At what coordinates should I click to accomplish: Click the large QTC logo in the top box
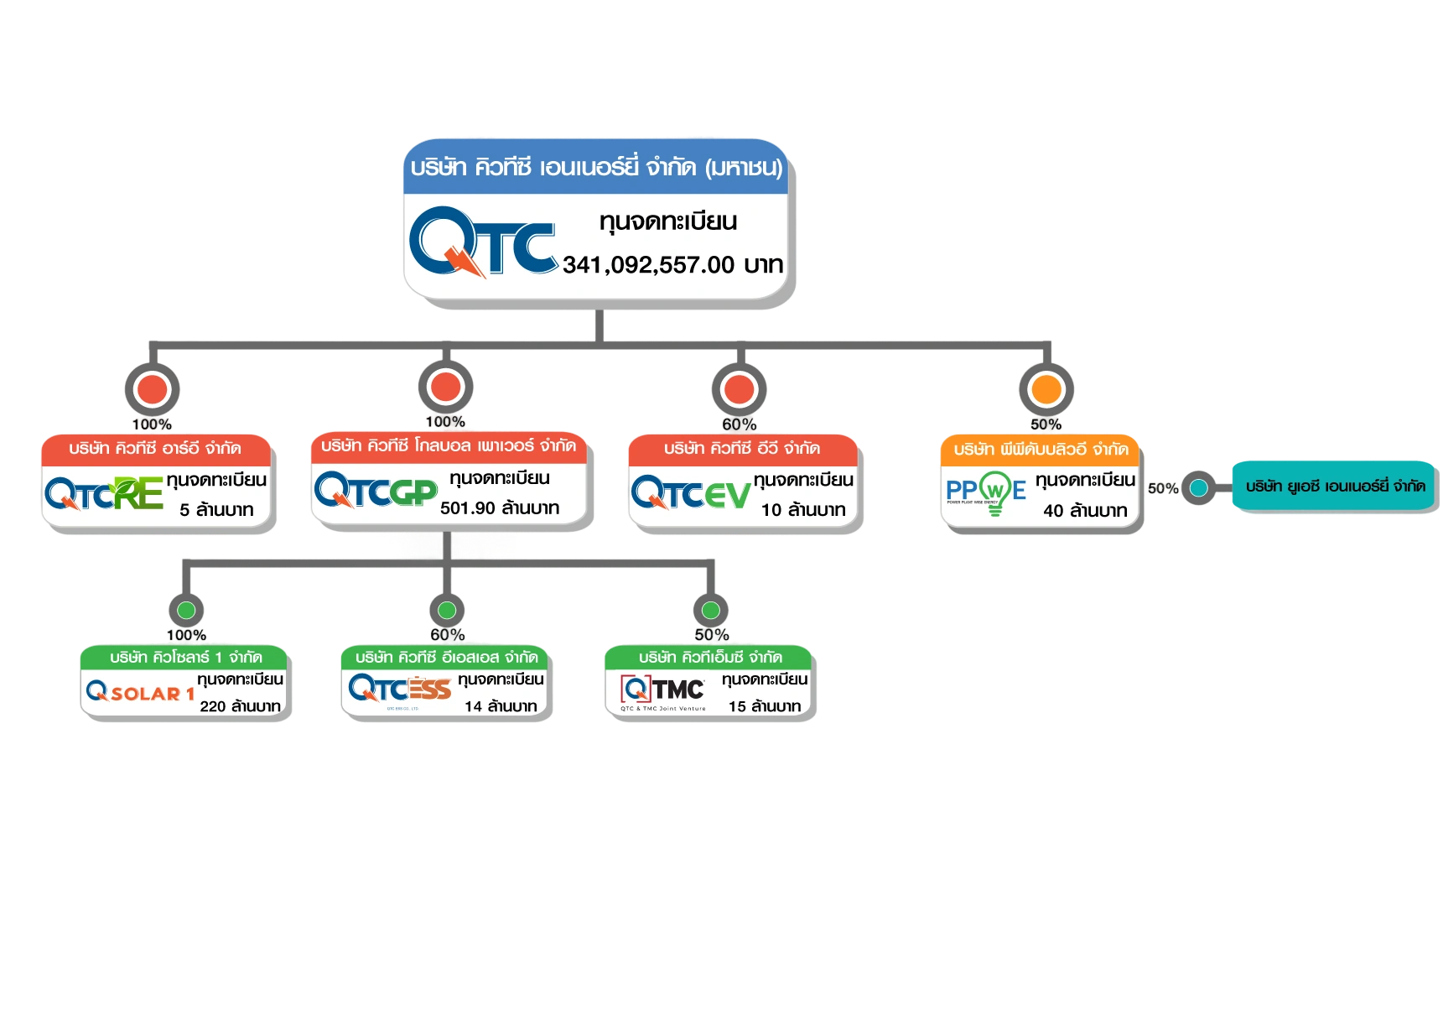pyautogui.click(x=482, y=242)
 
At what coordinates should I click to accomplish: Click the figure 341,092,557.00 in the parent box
pyautogui.click(x=648, y=265)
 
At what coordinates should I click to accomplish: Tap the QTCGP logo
pyautogui.click(x=375, y=491)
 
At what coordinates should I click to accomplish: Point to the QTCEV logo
pyautogui.click(x=690, y=493)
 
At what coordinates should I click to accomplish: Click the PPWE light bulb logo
pyautogui.click(x=986, y=492)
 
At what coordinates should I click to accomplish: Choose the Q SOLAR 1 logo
pyautogui.click(x=140, y=693)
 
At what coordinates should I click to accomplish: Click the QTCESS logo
pyautogui.click(x=400, y=690)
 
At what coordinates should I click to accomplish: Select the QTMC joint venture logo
pyautogui.click(x=662, y=691)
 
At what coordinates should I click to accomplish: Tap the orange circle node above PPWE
pyautogui.click(x=1046, y=389)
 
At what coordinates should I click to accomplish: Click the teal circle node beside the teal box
pyautogui.click(x=1199, y=487)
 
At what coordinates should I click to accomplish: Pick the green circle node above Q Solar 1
pyautogui.click(x=186, y=610)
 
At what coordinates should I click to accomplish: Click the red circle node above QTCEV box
pyautogui.click(x=740, y=389)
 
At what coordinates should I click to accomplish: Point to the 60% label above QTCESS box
pyautogui.click(x=448, y=635)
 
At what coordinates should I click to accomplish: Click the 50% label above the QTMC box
pyautogui.click(x=711, y=635)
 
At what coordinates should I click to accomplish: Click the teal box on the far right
pyautogui.click(x=1334, y=487)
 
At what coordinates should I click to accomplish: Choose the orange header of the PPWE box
pyautogui.click(x=1040, y=450)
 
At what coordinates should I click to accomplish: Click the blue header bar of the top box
pyautogui.click(x=595, y=168)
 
